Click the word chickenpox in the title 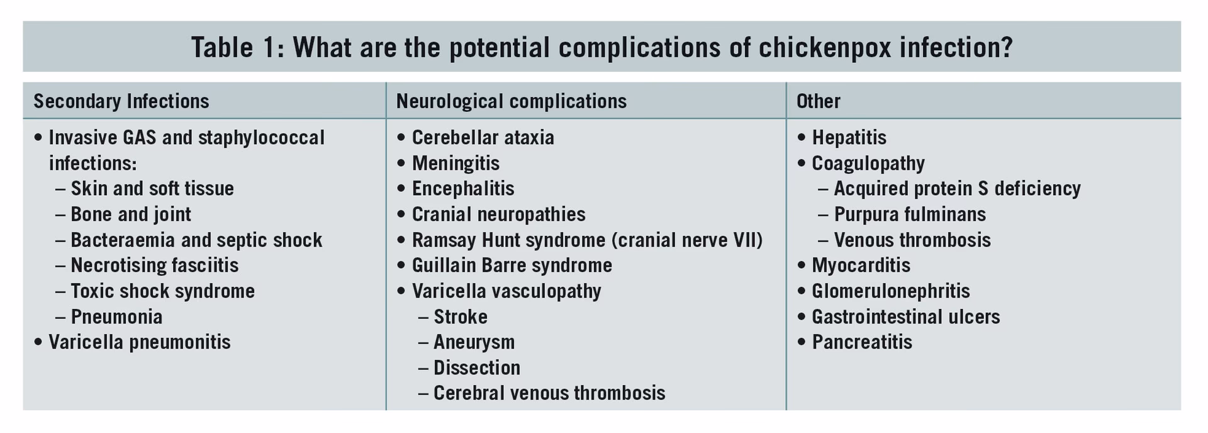824,48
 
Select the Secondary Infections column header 121,101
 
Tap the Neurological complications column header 511,101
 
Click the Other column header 818,101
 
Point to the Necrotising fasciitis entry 154,266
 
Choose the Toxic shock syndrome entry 162,291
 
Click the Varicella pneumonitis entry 139,342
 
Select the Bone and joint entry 130,215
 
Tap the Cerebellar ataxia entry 483,138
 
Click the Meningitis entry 456,164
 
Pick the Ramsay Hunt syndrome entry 586,240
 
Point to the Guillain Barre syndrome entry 512,266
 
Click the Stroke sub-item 460,317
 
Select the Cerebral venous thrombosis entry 549,393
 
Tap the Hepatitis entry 849,138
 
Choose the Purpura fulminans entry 909,215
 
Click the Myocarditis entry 861,266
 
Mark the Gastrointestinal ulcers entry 905,317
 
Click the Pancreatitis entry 861,342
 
